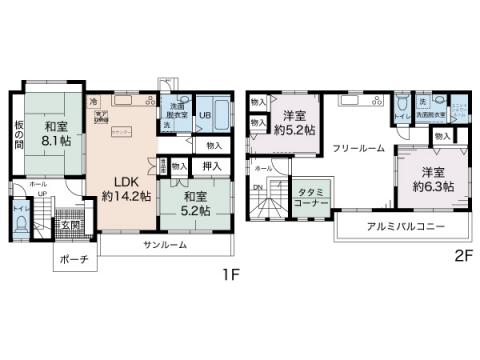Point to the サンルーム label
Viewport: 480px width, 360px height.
coord(164,245)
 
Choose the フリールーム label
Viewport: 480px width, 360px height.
coord(358,147)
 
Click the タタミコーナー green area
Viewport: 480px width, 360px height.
coord(311,195)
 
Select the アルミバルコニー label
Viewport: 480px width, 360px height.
coord(405,225)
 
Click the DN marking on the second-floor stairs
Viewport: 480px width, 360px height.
coord(258,189)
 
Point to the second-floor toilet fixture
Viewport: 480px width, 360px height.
coord(400,107)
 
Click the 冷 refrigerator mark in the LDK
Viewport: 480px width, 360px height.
coord(93,102)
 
